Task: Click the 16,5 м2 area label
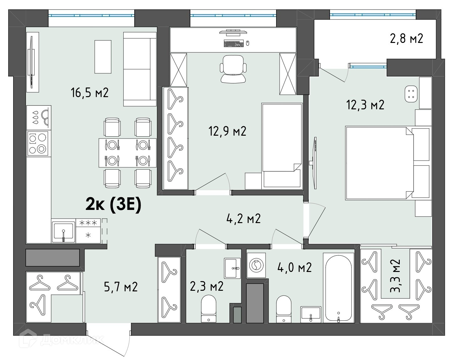pos(90,93)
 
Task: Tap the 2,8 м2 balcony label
pos(406,39)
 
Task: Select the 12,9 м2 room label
pos(227,131)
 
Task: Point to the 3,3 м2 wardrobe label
pos(395,275)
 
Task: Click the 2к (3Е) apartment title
pos(113,205)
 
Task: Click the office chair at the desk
pos(233,69)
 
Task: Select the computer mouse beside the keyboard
pos(248,43)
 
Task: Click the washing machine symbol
pos(256,265)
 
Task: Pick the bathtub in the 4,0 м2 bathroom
pos(338,288)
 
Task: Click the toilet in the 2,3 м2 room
pos(208,308)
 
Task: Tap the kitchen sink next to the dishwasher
pos(63,231)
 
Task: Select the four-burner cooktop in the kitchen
pos(39,143)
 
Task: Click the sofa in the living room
pos(140,69)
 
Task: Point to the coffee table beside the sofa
pos(103,57)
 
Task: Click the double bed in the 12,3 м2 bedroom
pos(387,163)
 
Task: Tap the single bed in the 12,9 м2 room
pos(282,146)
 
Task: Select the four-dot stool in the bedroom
pos(411,94)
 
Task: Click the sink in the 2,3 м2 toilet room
pos(232,268)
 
